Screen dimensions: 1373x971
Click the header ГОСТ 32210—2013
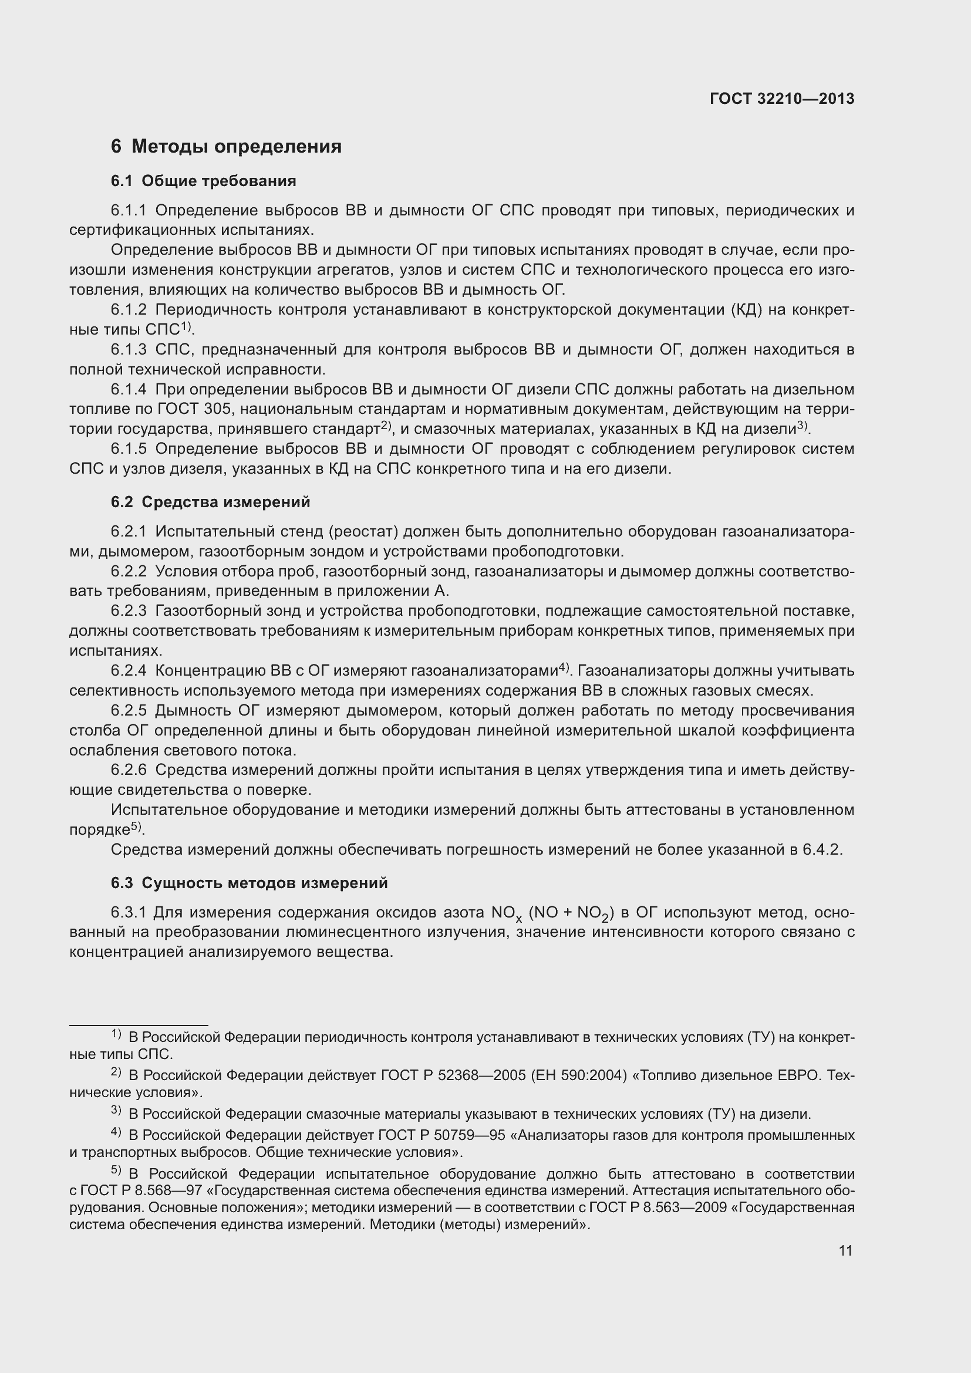[x=781, y=99]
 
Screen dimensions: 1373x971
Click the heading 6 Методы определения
[x=226, y=147]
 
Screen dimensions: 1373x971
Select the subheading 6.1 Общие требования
[x=203, y=181]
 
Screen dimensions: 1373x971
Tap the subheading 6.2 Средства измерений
[x=211, y=502]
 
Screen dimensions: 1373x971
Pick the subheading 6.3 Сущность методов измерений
[x=250, y=883]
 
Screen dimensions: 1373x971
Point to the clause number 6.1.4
[x=129, y=390]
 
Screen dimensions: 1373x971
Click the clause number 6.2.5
[x=129, y=711]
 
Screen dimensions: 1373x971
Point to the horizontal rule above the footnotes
[x=139, y=1025]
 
